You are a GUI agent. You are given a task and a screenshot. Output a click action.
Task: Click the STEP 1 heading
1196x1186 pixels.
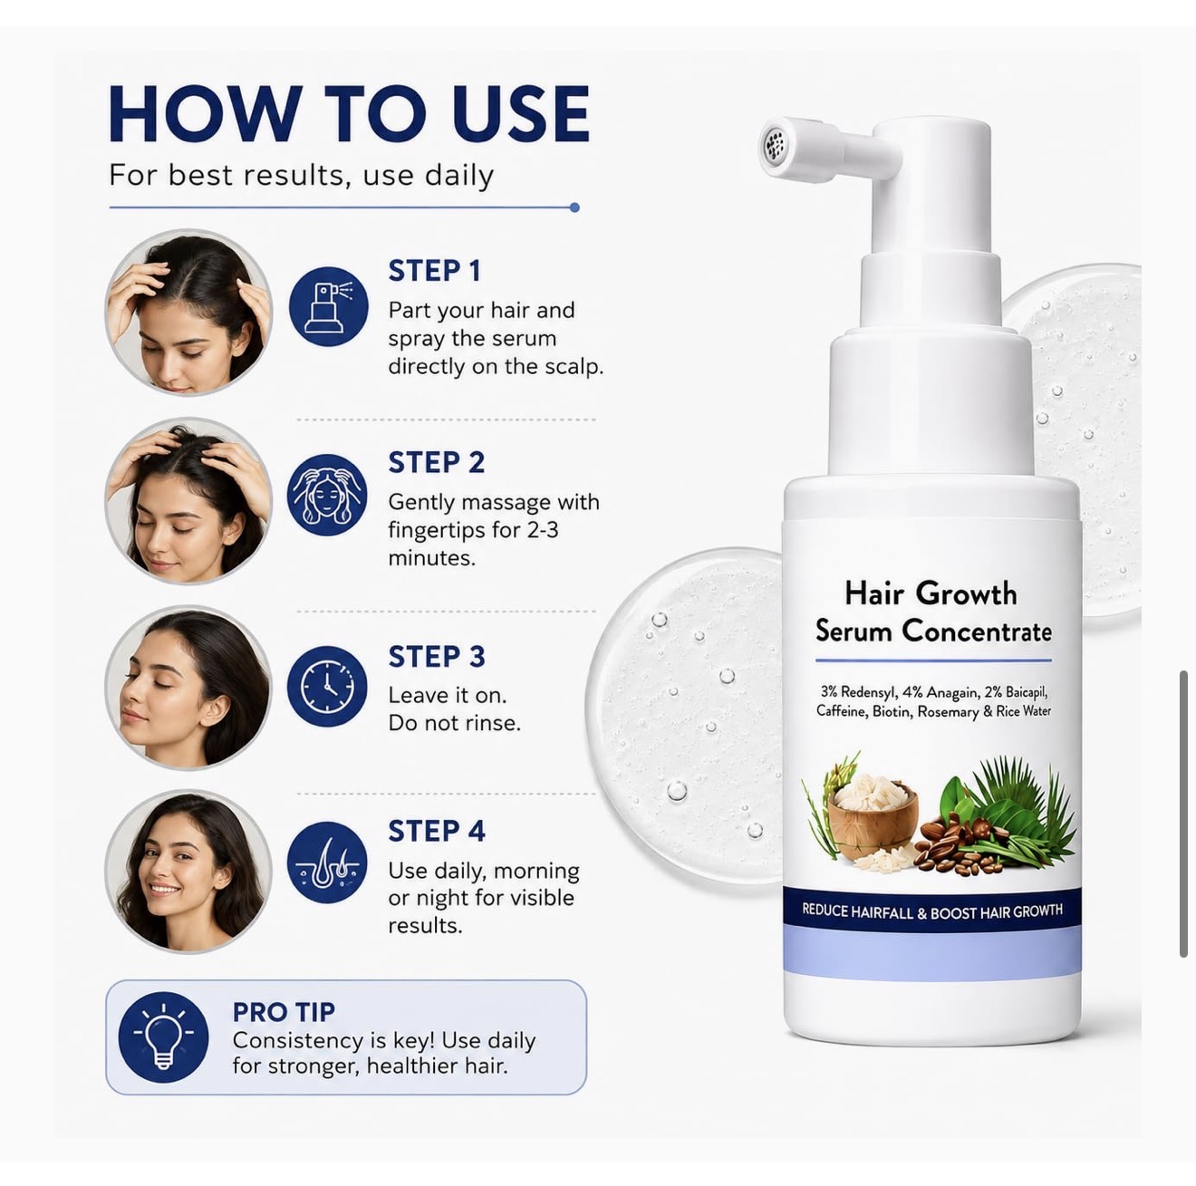(x=434, y=271)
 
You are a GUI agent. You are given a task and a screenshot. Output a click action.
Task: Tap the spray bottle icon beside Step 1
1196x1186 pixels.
(x=328, y=307)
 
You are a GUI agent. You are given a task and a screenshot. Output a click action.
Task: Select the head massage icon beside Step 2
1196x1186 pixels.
(x=327, y=495)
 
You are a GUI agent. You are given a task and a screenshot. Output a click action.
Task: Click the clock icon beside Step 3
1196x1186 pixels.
(x=327, y=687)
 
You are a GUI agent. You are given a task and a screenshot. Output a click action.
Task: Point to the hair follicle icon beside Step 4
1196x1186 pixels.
(x=327, y=862)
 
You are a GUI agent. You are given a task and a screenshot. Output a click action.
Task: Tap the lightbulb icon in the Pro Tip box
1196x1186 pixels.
(x=163, y=1037)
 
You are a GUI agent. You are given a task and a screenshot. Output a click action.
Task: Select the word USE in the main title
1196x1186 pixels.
(x=520, y=114)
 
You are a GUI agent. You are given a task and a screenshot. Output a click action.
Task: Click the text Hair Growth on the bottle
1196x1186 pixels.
(x=931, y=593)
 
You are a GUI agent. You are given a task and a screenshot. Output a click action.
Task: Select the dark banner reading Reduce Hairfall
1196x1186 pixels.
(x=932, y=911)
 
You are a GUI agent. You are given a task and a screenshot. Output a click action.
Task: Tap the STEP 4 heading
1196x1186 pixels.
(x=437, y=831)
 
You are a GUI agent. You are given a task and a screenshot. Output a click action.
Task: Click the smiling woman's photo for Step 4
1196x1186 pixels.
(x=188, y=872)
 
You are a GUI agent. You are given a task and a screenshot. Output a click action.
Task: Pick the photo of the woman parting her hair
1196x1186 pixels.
(x=188, y=312)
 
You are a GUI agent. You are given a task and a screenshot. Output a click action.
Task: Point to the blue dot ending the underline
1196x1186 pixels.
(x=574, y=207)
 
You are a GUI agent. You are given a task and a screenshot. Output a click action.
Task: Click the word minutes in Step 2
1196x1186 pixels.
(x=431, y=557)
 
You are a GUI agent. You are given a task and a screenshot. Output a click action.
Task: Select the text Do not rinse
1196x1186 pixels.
(x=454, y=723)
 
